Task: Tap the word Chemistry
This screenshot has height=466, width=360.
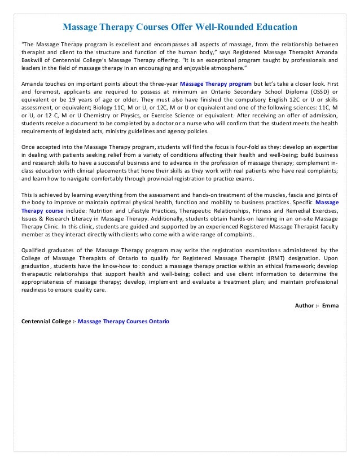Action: coord(95,118)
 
